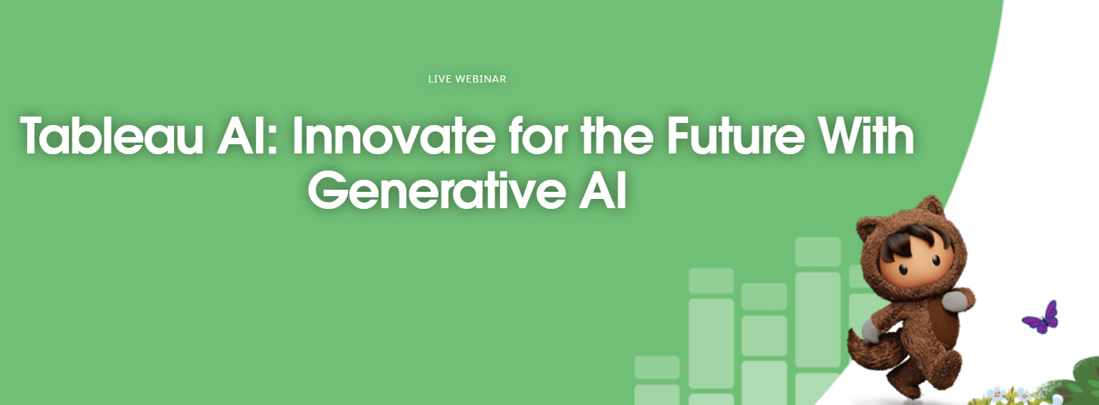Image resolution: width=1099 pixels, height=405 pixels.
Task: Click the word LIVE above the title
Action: (x=439, y=79)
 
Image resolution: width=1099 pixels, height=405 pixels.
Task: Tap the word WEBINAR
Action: (x=481, y=79)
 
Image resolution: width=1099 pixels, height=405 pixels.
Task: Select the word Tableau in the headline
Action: (x=112, y=135)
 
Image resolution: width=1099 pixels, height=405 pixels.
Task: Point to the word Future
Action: (x=735, y=135)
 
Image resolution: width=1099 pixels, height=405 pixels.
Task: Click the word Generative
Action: (x=436, y=190)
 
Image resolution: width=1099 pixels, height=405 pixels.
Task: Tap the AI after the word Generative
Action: (x=603, y=190)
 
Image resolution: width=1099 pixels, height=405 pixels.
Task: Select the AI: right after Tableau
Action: (x=248, y=135)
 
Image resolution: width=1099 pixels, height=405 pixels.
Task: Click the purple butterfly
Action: (x=1040, y=318)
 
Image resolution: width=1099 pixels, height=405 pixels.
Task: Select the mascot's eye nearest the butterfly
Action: (x=937, y=259)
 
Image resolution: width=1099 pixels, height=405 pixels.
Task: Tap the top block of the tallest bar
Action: (x=818, y=252)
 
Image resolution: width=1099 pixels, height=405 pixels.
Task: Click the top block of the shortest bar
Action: (x=657, y=367)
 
